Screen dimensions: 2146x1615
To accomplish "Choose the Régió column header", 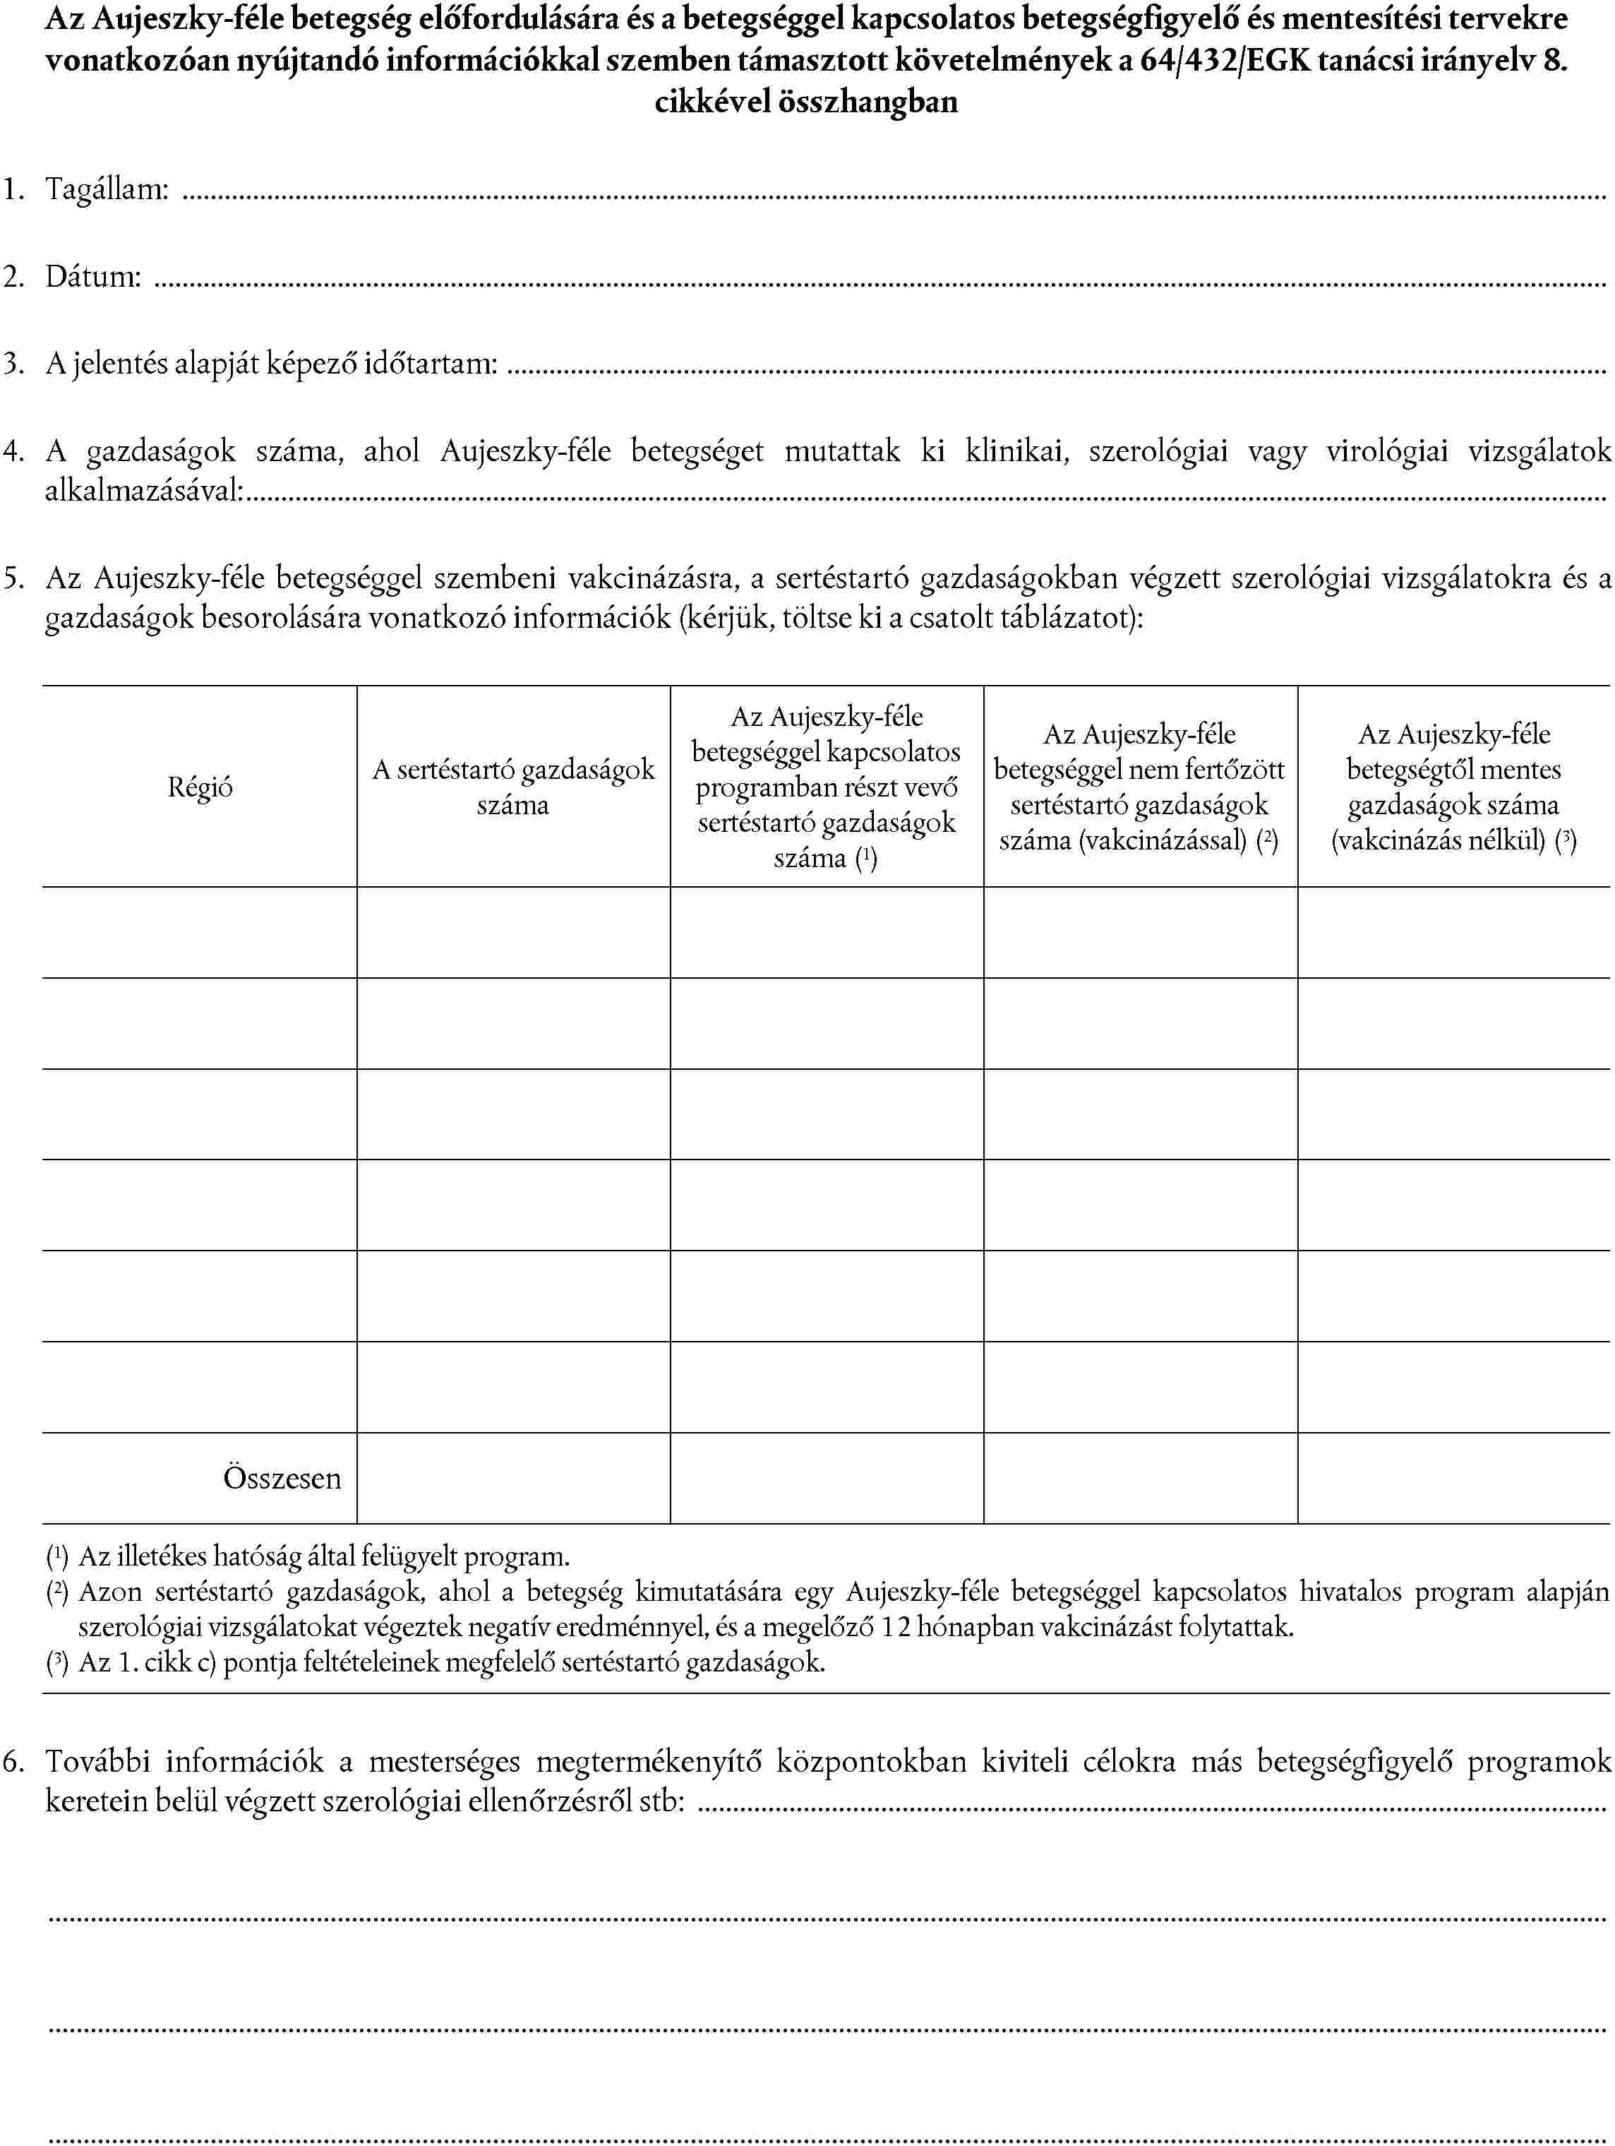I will [200, 787].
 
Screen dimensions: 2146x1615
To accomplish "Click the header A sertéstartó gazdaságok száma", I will [513, 787].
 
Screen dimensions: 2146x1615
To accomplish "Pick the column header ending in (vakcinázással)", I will [1140, 787].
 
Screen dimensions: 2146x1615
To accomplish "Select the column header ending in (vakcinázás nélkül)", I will [1453, 787].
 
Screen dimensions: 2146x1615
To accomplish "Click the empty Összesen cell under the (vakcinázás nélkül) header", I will [1453, 1477].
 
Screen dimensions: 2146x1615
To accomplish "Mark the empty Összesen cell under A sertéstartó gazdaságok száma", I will [513, 1477].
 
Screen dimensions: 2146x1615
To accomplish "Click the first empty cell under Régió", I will [200, 932].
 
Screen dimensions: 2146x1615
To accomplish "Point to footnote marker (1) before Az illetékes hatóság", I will [57, 1557].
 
